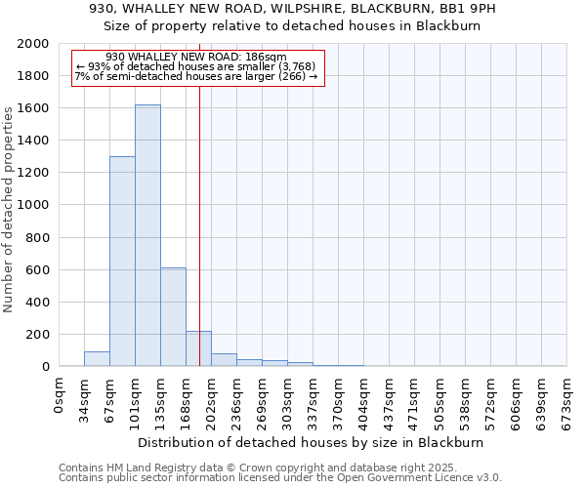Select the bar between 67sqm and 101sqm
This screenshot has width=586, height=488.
click(x=122, y=262)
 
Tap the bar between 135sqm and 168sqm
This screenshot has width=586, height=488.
click(x=173, y=317)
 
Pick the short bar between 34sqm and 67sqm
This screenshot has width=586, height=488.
click(x=97, y=358)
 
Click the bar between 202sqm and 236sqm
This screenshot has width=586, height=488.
click(x=224, y=359)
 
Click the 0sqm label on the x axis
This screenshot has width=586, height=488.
click(x=60, y=393)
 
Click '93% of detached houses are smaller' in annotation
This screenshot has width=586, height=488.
click(x=196, y=66)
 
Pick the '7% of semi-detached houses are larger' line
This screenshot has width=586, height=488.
click(x=196, y=76)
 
